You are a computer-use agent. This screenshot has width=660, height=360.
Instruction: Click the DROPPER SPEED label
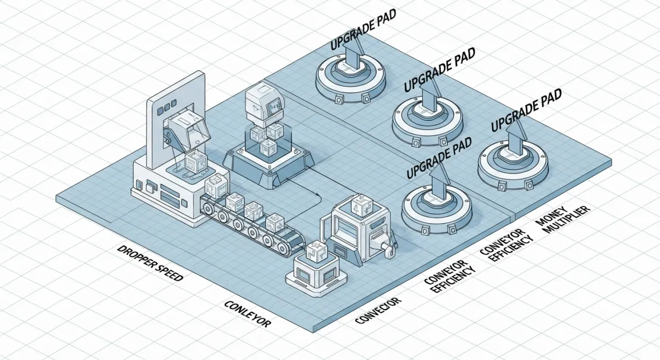[150, 263]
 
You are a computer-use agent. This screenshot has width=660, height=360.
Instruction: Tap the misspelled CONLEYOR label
[248, 314]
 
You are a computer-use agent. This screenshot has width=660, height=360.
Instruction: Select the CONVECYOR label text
[377, 311]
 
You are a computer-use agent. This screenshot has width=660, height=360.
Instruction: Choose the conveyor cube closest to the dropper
[216, 186]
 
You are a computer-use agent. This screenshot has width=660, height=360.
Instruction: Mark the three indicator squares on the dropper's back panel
[168, 105]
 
